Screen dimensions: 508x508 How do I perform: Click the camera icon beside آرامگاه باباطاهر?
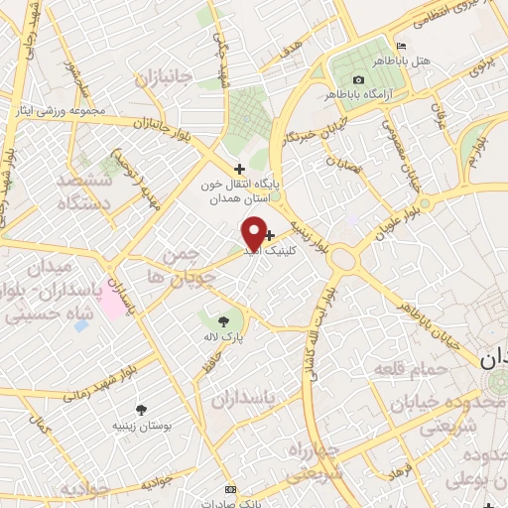[358, 79]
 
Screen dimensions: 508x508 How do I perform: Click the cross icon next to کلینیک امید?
[270, 235]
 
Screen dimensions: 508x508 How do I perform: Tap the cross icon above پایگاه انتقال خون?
[239, 169]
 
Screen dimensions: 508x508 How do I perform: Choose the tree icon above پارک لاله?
[221, 319]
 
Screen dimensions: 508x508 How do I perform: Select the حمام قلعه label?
[404, 370]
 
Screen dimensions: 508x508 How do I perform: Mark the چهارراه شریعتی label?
[315, 462]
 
